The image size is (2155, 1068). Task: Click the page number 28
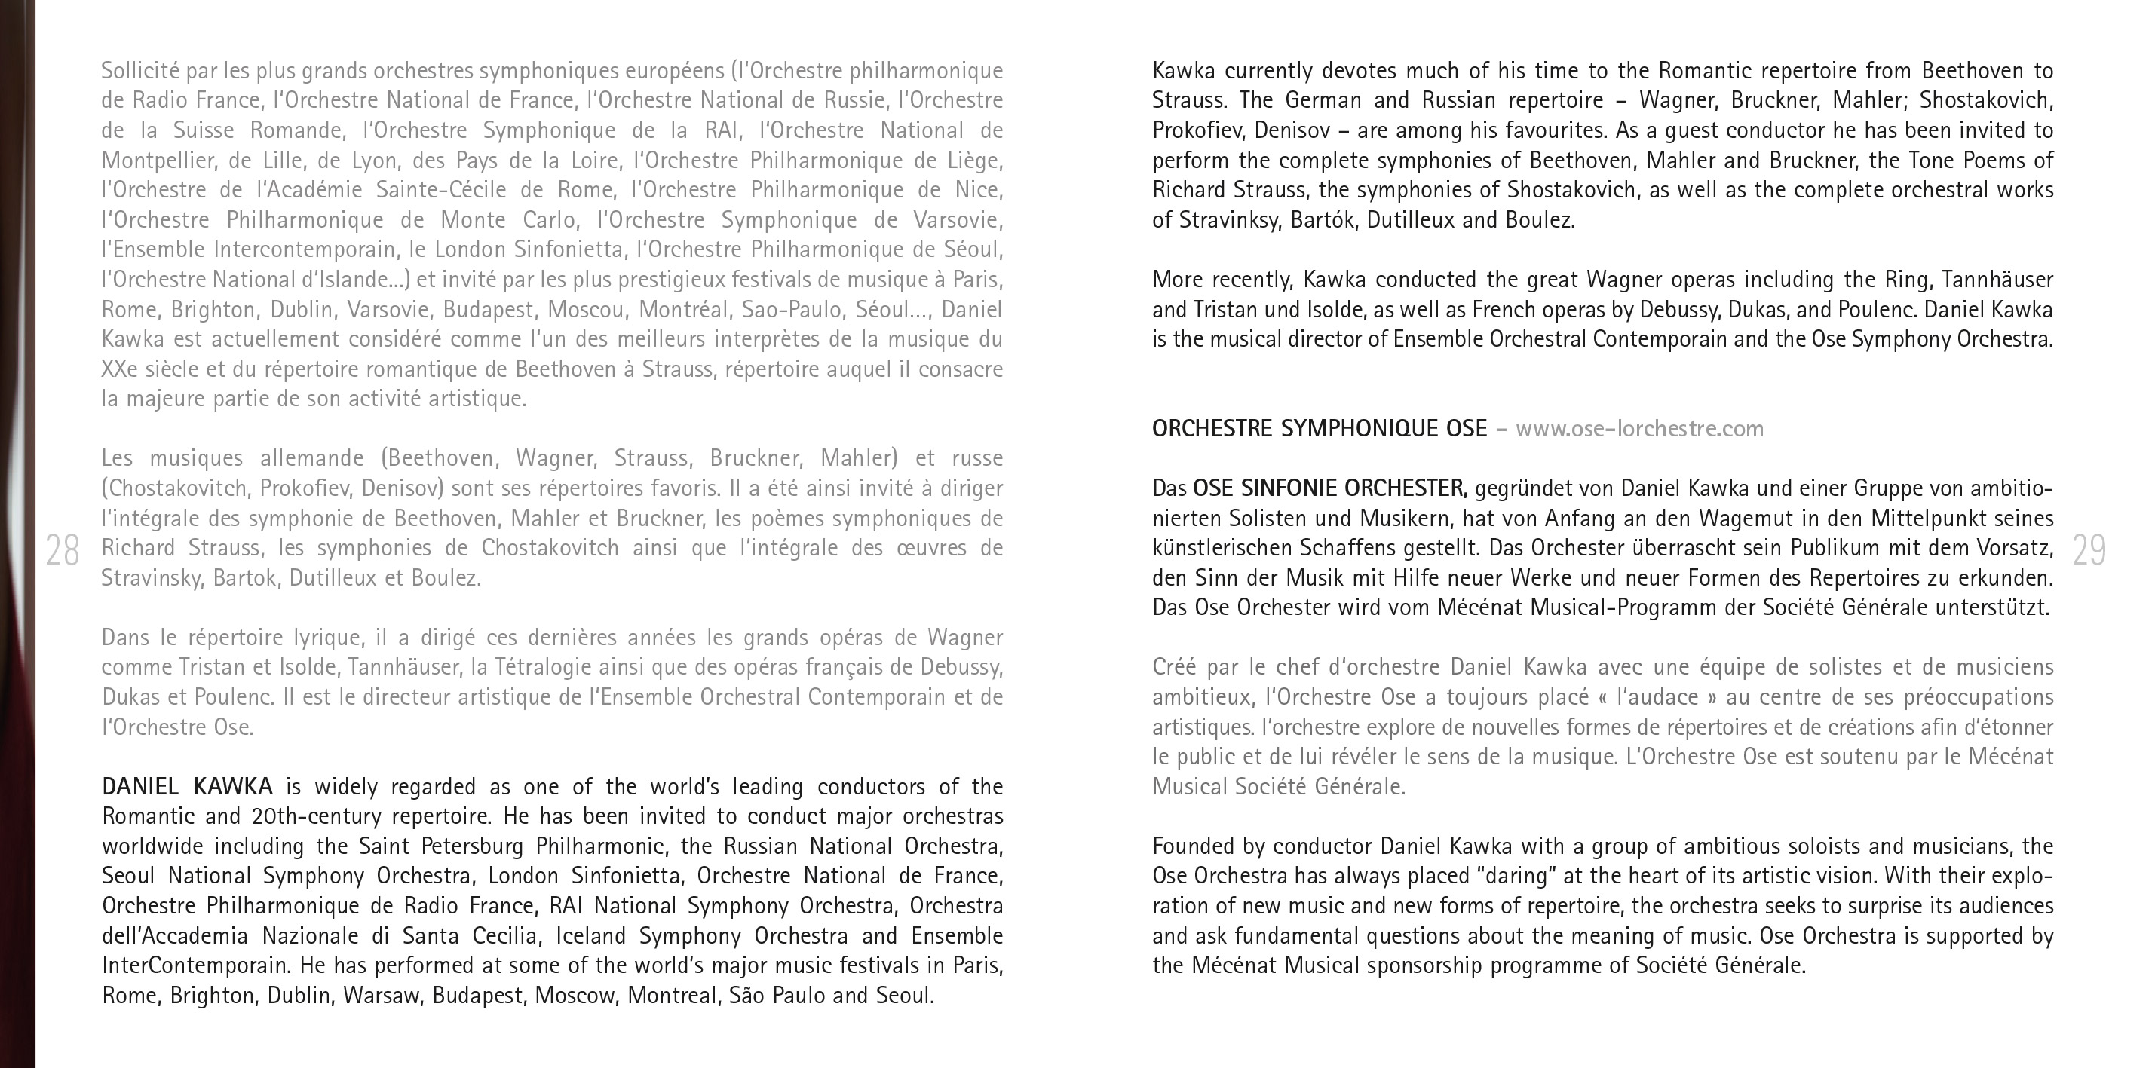point(62,550)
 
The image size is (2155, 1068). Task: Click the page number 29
point(2089,550)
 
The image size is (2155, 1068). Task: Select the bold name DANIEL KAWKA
point(188,786)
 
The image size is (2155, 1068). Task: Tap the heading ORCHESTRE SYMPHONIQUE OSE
point(1320,429)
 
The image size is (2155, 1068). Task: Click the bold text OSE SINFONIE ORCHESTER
point(1329,488)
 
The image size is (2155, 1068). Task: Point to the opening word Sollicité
point(139,71)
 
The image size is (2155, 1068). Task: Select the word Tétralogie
point(549,667)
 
